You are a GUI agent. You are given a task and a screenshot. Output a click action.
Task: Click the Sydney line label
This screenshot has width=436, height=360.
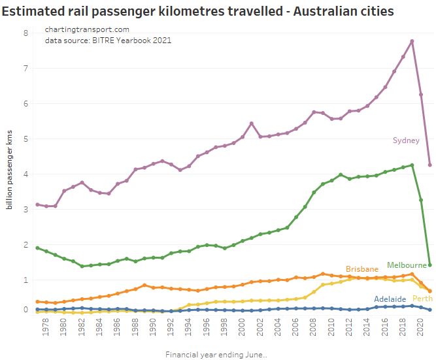[x=406, y=140]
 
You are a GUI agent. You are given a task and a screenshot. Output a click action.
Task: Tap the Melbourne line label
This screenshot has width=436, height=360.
[x=406, y=265]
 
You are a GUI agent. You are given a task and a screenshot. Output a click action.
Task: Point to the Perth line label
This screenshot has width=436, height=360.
[x=422, y=299]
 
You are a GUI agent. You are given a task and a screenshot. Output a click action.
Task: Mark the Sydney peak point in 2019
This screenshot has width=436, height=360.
[x=412, y=41]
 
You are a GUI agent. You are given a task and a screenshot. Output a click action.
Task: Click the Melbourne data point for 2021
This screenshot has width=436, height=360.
[x=429, y=265]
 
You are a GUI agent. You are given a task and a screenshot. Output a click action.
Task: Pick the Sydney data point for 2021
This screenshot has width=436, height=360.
[x=429, y=165]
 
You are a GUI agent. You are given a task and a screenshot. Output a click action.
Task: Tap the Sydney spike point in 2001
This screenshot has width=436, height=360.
[x=252, y=123]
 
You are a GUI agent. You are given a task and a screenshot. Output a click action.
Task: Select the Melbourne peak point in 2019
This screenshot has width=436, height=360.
[x=412, y=165]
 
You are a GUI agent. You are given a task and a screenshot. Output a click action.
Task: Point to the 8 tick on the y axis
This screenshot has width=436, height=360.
[x=25, y=33]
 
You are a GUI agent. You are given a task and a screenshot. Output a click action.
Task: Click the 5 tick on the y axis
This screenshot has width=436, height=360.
[x=25, y=139]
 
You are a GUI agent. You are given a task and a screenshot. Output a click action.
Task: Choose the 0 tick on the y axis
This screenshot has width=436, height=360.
[x=25, y=310]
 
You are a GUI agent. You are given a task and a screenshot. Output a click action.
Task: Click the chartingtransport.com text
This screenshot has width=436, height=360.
[x=87, y=30]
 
